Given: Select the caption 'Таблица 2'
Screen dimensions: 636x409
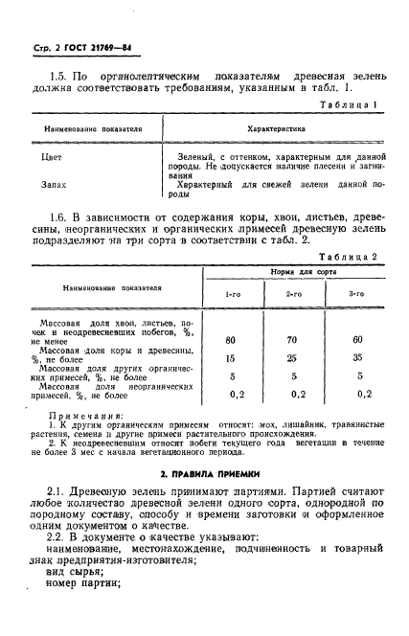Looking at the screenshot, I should pos(352,257).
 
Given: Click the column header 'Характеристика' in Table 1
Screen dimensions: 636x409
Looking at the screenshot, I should pos(276,125).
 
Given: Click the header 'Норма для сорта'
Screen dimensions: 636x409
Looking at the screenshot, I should pos(292,273).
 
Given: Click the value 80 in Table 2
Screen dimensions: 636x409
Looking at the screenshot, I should pos(231,339).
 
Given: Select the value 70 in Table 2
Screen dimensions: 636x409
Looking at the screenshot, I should pos(293,339).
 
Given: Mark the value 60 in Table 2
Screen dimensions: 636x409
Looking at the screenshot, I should pos(355,339).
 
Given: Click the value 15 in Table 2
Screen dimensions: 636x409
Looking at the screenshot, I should pos(231,357).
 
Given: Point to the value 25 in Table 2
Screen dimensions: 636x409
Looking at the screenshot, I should pos(293,357).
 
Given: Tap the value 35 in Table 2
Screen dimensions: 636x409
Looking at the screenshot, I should pos(355,357).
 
